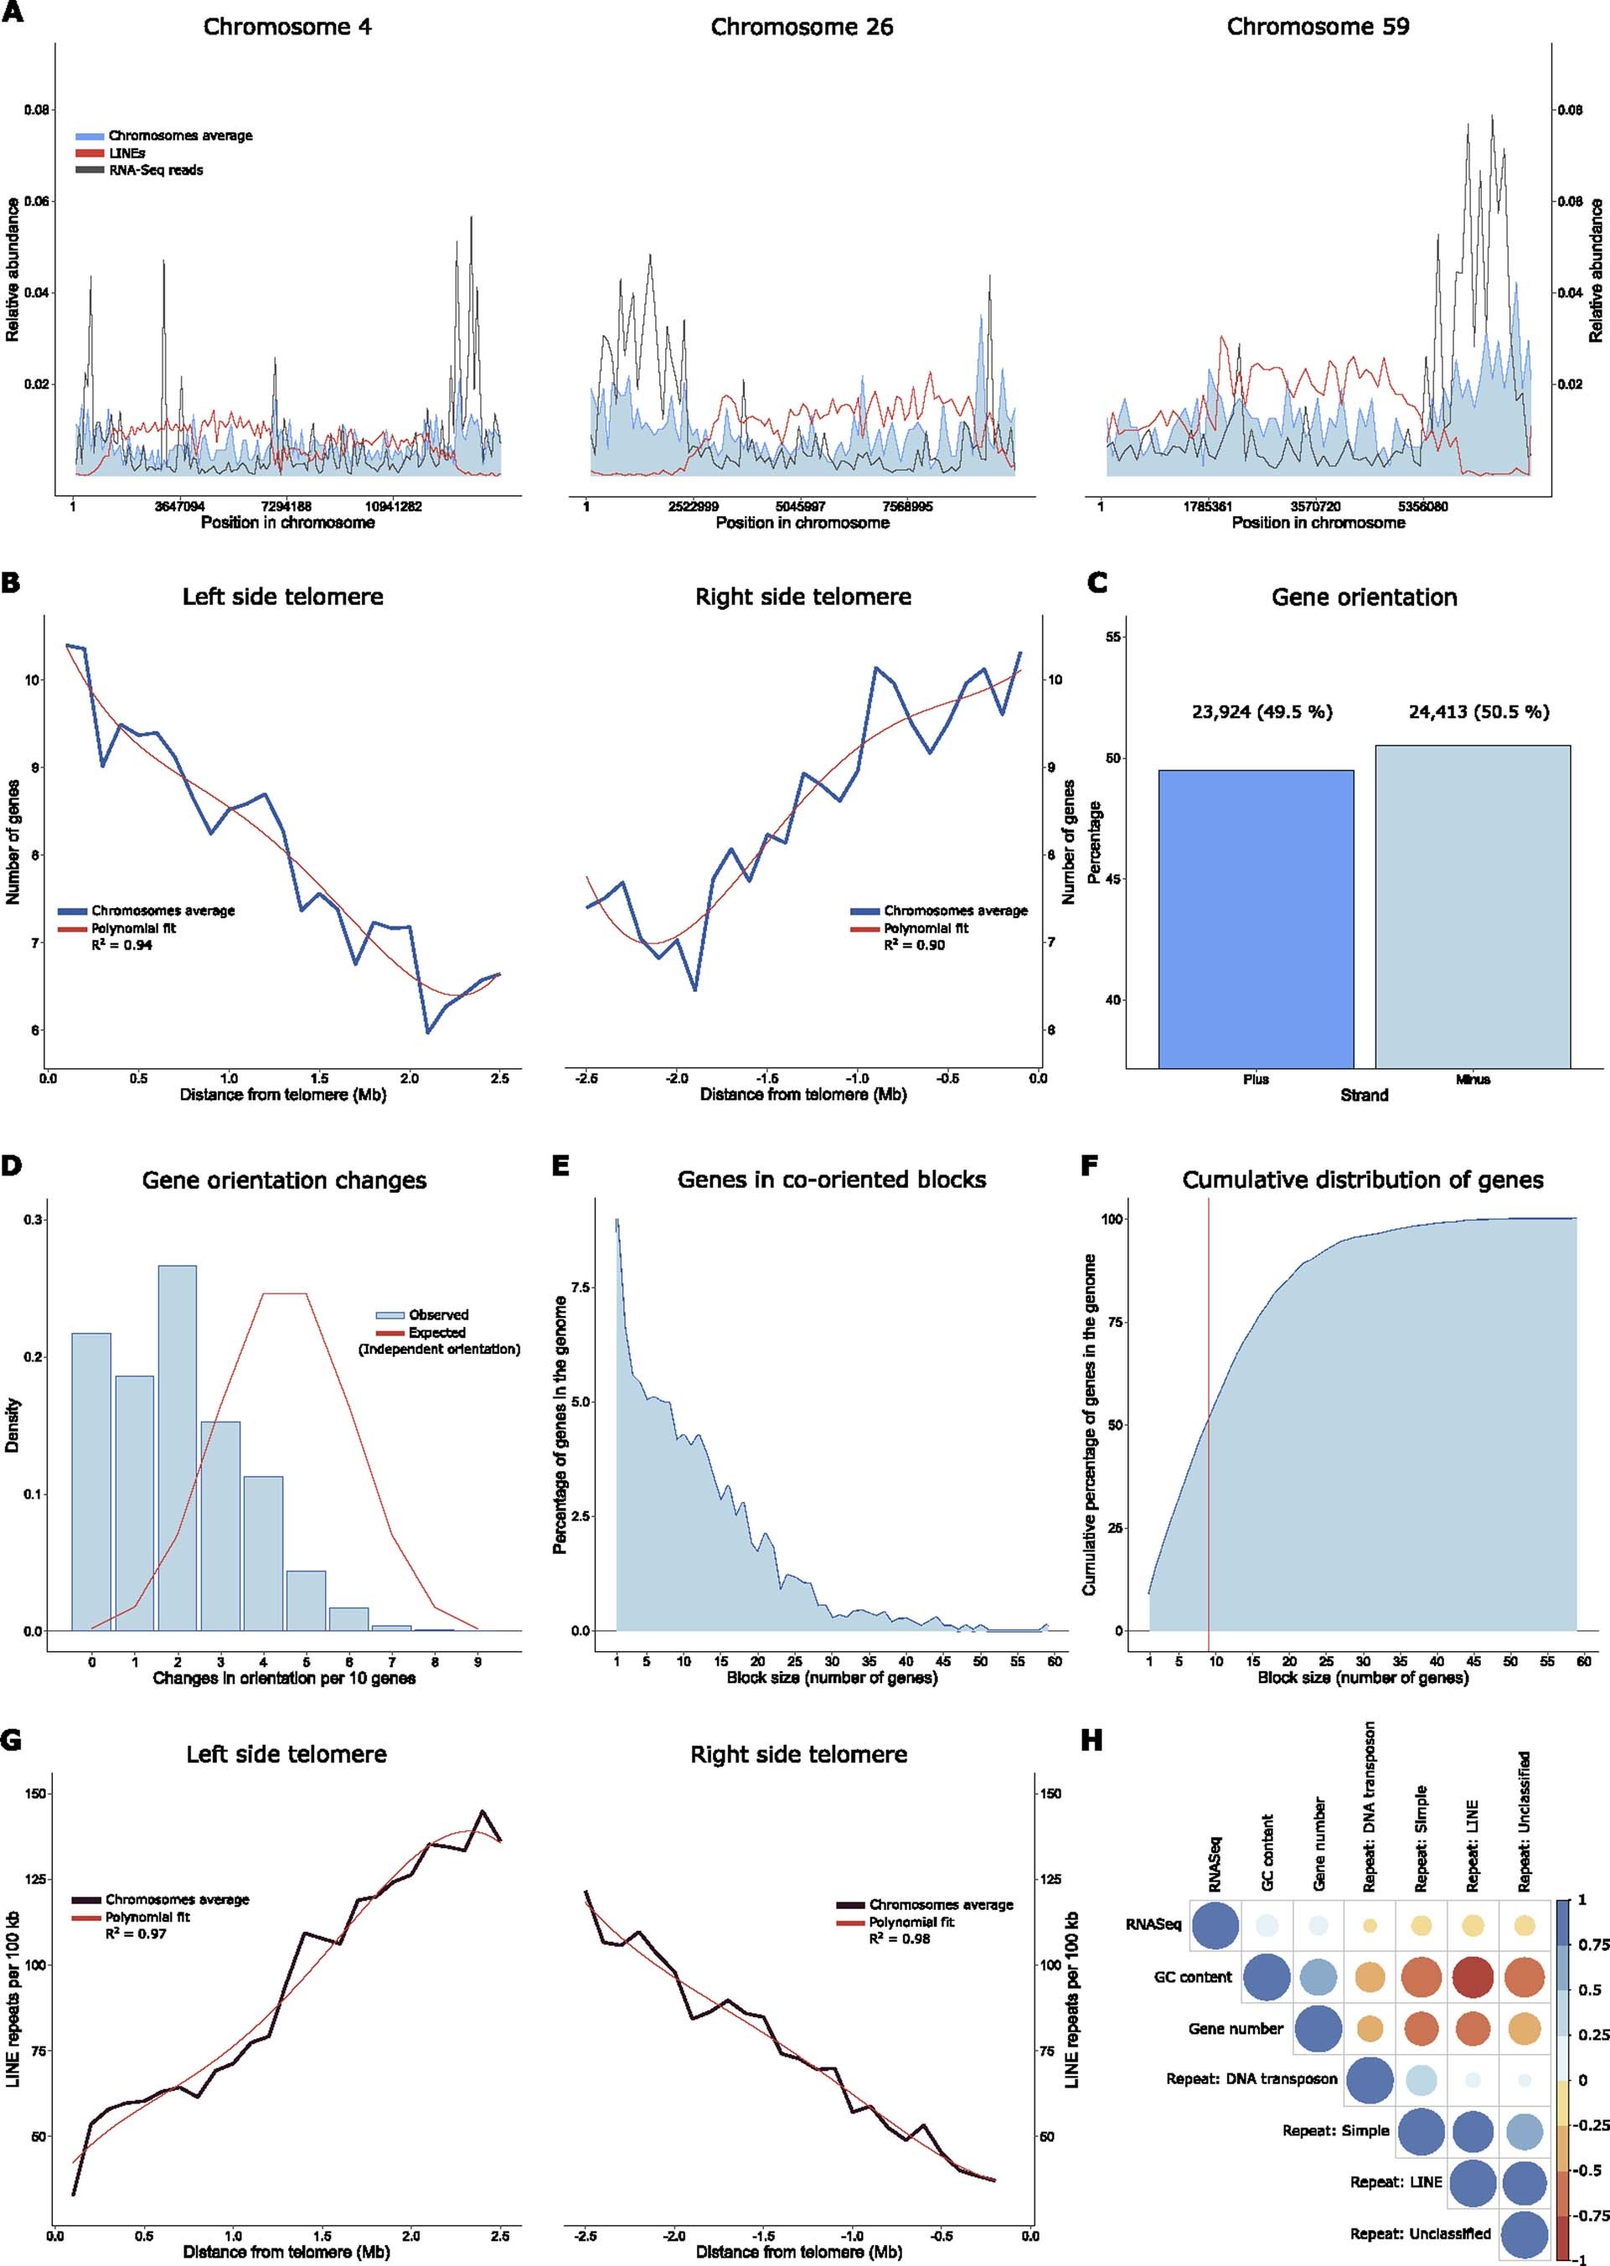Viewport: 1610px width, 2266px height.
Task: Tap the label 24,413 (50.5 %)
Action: tap(1478, 712)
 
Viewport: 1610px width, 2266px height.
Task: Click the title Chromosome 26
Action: tap(801, 27)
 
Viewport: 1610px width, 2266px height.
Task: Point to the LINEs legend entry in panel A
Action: tap(126, 152)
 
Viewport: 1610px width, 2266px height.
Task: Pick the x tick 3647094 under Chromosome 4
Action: tap(179, 507)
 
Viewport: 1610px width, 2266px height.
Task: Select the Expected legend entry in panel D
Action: tap(436, 1332)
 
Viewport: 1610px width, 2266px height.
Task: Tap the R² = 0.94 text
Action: tap(122, 946)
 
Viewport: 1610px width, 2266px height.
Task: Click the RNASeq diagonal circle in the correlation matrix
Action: tap(1215, 1925)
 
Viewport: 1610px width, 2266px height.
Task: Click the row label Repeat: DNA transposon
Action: tap(1251, 2078)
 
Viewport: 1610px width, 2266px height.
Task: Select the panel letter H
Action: tap(1091, 1742)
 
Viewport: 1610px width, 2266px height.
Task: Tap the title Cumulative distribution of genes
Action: tap(1362, 1179)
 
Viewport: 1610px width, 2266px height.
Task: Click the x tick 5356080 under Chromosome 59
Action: tap(1422, 507)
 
